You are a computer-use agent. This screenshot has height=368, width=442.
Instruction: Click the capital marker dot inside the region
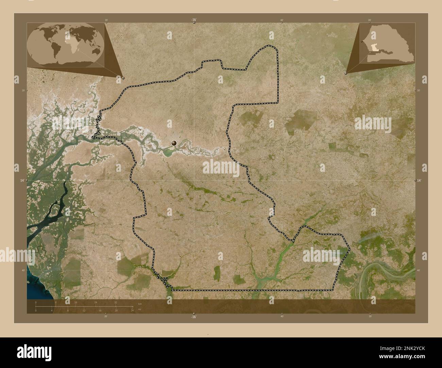[x=174, y=143]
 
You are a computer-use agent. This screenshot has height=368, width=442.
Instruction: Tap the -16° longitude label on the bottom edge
[x=193, y=317]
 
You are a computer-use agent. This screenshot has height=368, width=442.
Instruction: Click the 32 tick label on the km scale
[x=116, y=302]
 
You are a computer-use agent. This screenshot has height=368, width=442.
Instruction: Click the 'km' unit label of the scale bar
[x=140, y=303]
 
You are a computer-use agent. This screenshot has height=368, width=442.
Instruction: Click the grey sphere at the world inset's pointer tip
[x=123, y=78]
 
